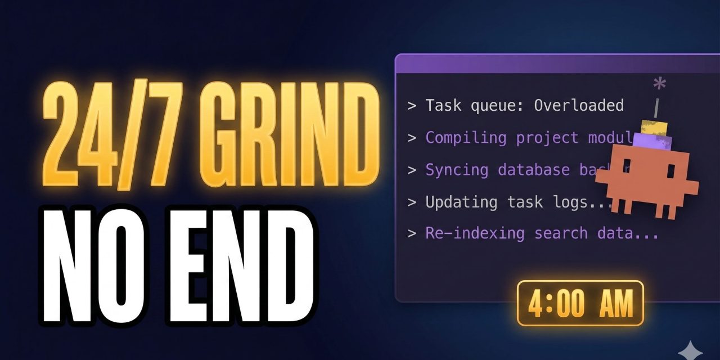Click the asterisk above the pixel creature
(659, 85)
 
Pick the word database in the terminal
(533, 170)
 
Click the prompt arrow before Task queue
(412, 106)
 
